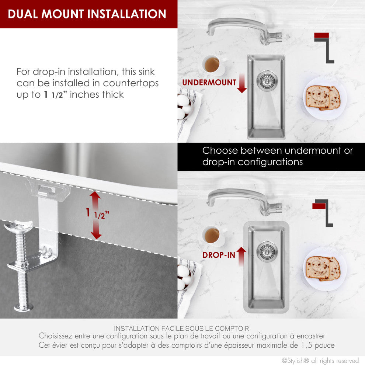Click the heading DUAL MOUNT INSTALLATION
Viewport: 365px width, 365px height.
pyautogui.click(x=87, y=14)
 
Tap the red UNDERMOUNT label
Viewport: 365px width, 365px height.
pyautogui.click(x=209, y=83)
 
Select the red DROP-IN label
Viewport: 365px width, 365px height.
pyautogui.click(x=219, y=255)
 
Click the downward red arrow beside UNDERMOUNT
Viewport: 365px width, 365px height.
pyautogui.click(x=242, y=83)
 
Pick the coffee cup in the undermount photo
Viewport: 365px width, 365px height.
pyautogui.click(x=213, y=65)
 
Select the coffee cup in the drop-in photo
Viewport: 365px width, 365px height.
pyautogui.click(x=213, y=236)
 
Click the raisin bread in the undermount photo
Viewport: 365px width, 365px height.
pyautogui.click(x=323, y=98)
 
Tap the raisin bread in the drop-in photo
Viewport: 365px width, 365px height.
pyautogui.click(x=323, y=268)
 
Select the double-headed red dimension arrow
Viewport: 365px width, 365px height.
pyautogui.click(x=96, y=215)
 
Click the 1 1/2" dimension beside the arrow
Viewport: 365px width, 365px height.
pyautogui.click(x=97, y=213)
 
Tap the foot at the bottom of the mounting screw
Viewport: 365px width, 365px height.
pyautogui.click(x=23, y=307)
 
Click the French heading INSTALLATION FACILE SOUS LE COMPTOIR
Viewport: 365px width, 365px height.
pyautogui.click(x=181, y=328)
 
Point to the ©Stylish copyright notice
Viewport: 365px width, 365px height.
pyautogui.click(x=320, y=360)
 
